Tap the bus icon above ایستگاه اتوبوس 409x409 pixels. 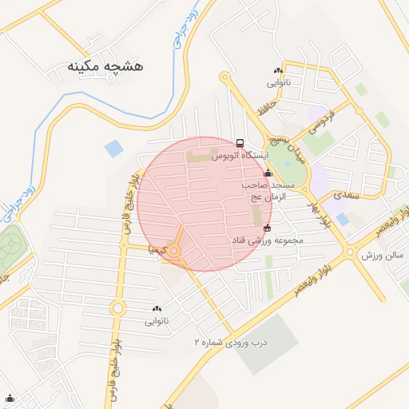pyautogui.click(x=240, y=143)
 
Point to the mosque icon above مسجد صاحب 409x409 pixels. pyautogui.click(x=267, y=172)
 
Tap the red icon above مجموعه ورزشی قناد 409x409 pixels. pyautogui.click(x=267, y=228)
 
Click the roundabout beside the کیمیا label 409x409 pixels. pyautogui.click(x=176, y=252)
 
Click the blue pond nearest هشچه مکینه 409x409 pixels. pyautogui.click(x=114, y=149)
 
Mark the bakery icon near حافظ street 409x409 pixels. pyautogui.click(x=277, y=70)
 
